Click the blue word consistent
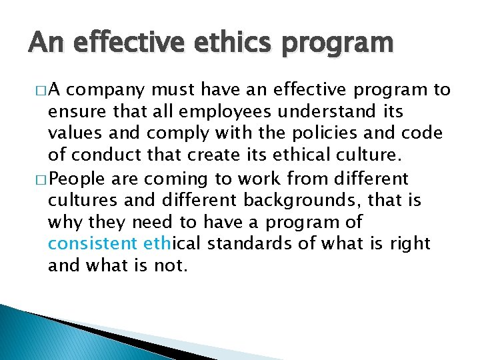pos(93,244)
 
